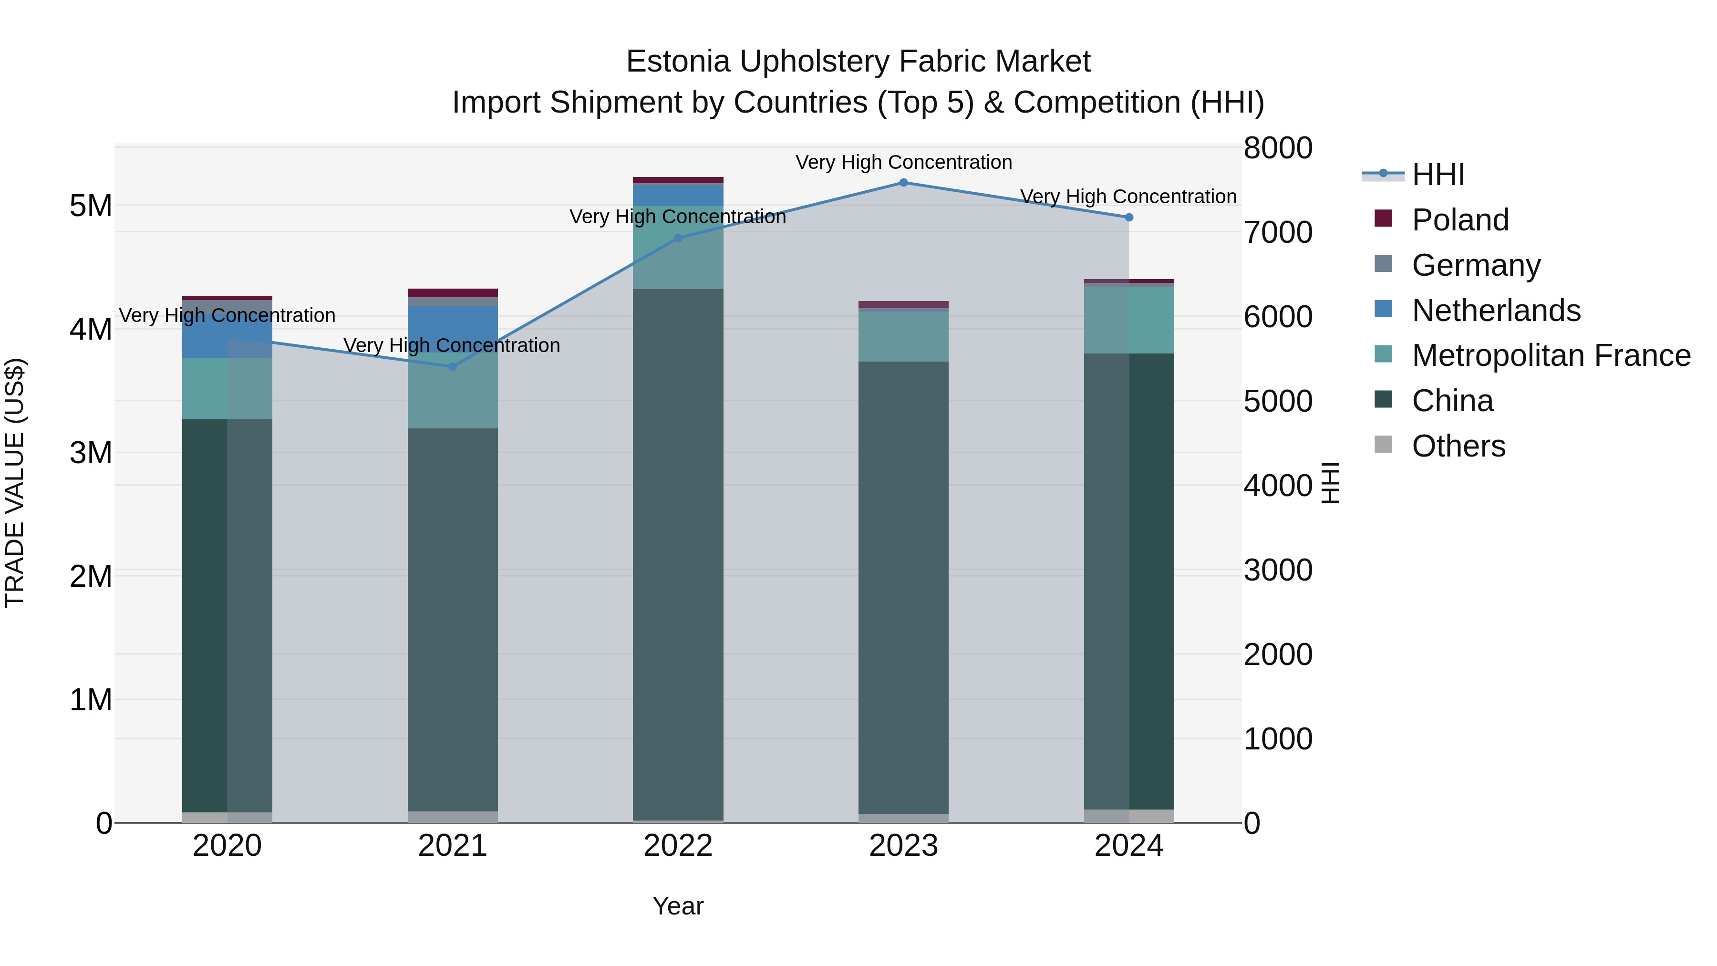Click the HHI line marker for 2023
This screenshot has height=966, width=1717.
pos(903,183)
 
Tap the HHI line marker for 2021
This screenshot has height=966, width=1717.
pos(453,367)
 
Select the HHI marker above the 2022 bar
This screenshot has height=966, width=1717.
pos(678,238)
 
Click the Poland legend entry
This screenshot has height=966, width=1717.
pos(1460,220)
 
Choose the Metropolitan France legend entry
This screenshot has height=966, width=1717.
pos(1551,355)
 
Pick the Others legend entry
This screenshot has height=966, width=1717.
pos(1458,446)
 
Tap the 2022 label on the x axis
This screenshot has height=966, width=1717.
pos(678,846)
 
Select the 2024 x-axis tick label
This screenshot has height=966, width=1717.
pos(1128,846)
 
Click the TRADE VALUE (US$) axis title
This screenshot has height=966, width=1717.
pos(15,483)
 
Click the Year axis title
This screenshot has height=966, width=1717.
pos(678,906)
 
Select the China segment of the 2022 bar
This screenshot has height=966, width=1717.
pos(678,553)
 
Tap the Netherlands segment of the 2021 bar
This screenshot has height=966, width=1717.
pos(453,327)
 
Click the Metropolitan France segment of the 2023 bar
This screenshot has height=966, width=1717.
pos(903,337)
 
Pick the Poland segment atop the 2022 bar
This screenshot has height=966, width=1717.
pos(678,180)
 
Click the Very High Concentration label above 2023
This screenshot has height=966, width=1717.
pos(903,163)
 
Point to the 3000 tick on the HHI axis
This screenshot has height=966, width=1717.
pos(1278,570)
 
